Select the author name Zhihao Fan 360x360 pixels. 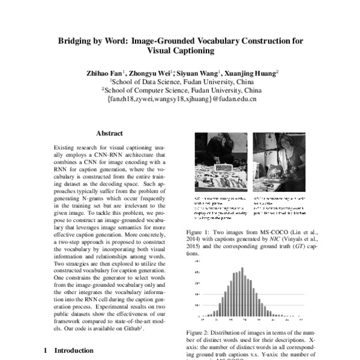coord(107,73)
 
